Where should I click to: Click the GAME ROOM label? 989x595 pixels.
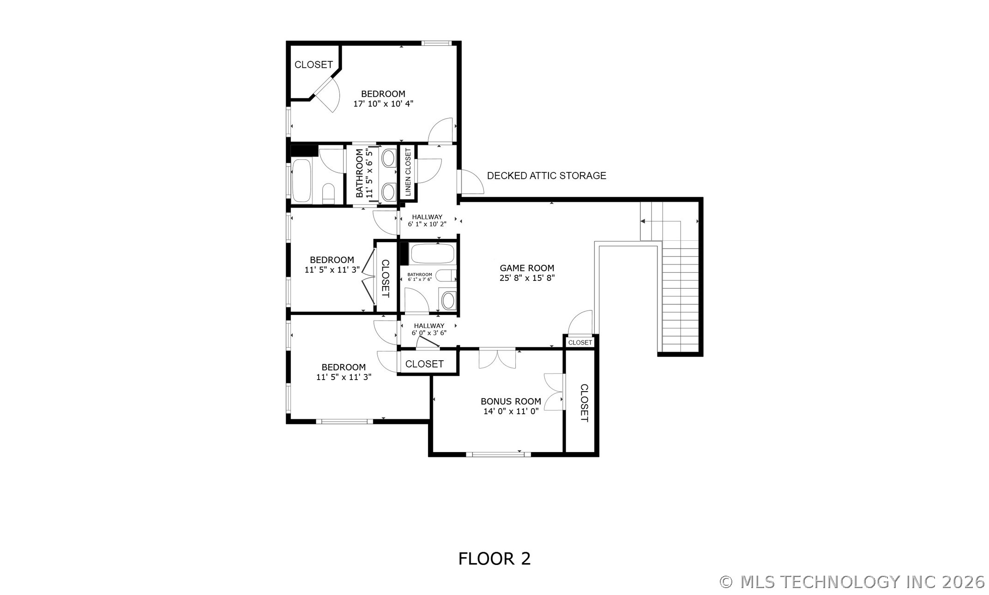pos(527,268)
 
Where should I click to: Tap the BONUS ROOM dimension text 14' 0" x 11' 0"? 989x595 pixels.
pos(511,411)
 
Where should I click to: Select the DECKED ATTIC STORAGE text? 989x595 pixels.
pos(546,176)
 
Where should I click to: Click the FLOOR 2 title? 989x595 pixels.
pos(494,559)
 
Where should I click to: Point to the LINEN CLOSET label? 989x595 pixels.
pos(408,172)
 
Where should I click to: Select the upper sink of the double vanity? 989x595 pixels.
pos(388,159)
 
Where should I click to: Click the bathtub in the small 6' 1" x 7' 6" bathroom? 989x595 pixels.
pos(432,254)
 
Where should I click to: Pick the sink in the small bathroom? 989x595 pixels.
pos(448,301)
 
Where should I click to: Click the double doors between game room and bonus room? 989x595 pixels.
pos(497,358)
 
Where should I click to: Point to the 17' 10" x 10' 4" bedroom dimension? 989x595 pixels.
pos(383,104)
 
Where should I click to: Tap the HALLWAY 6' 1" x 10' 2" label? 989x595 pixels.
pos(427,220)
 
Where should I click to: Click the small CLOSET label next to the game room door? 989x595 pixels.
pos(580,342)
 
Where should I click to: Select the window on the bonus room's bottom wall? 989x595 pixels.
pos(498,454)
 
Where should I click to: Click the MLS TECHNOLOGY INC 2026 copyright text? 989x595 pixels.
pos(852,582)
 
